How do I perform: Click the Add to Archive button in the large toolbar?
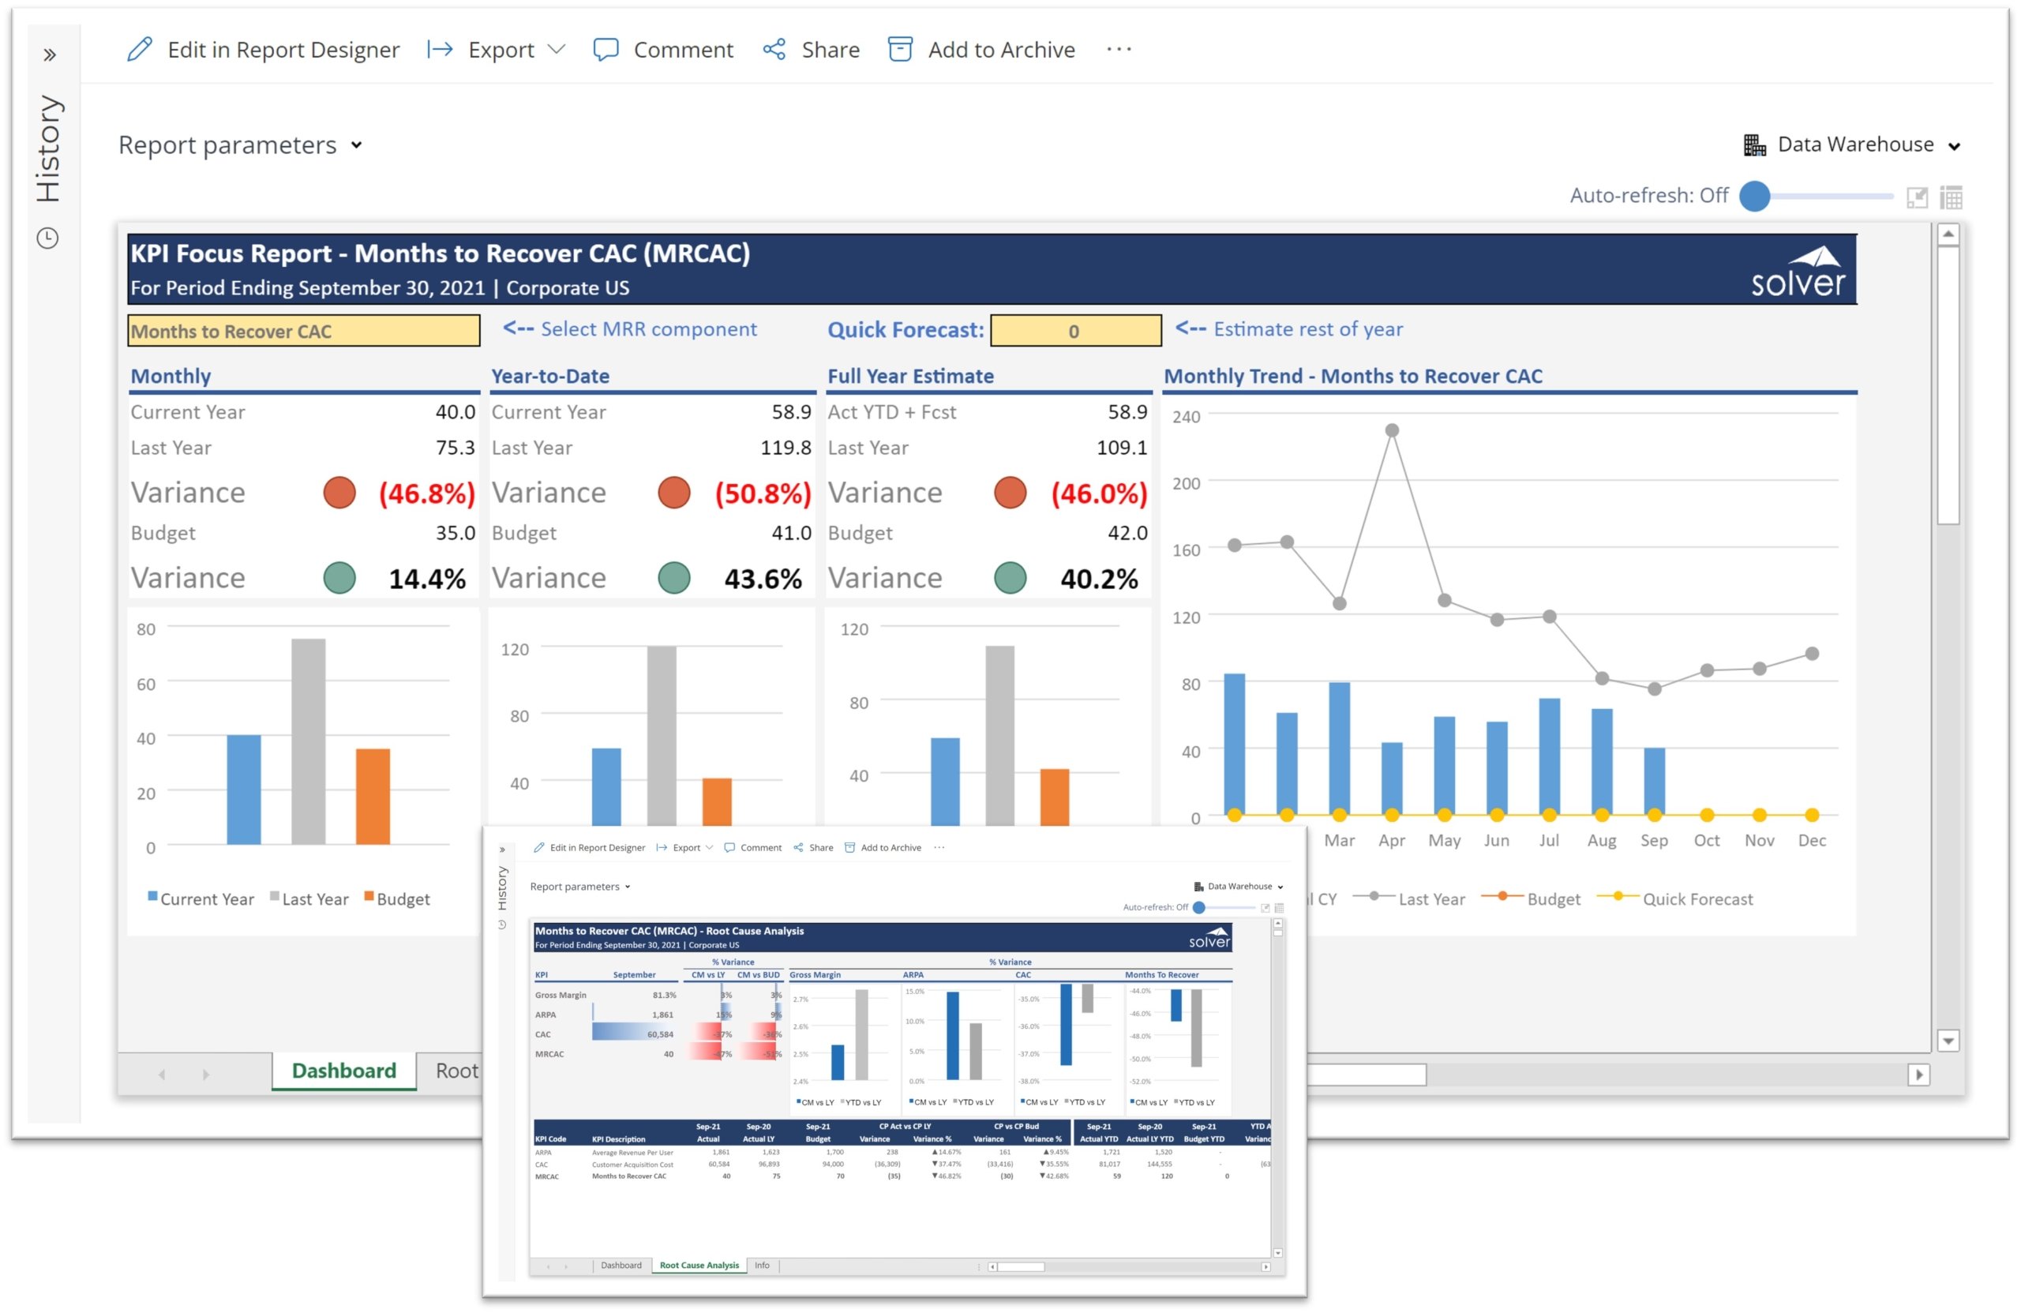(981, 49)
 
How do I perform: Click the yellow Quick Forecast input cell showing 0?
(1075, 330)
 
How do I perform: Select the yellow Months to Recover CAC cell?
(303, 330)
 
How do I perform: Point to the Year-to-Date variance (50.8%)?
(763, 493)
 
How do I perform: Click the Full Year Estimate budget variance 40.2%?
(1099, 579)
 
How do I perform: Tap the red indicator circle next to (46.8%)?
(339, 493)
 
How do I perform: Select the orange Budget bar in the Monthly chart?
(373, 796)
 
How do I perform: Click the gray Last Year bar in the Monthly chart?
(308, 741)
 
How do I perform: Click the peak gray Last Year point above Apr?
(1392, 430)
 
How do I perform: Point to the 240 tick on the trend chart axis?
(1187, 416)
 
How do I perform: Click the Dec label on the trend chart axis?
(1811, 840)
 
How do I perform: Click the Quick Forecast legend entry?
(1697, 898)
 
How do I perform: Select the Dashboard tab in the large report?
(344, 1070)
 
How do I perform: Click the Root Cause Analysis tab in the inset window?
(699, 1266)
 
